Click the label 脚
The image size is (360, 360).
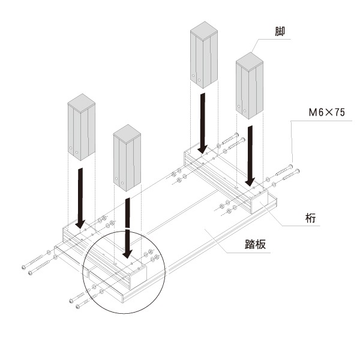(x=280, y=31)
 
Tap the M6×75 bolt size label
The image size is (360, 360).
(x=327, y=112)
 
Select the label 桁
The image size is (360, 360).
(x=311, y=218)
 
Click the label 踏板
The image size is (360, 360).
(x=256, y=244)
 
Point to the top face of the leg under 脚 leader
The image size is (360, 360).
(x=250, y=61)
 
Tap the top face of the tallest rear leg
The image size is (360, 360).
(x=204, y=31)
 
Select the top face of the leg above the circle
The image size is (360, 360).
(x=127, y=134)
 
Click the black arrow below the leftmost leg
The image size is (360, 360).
(x=80, y=198)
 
